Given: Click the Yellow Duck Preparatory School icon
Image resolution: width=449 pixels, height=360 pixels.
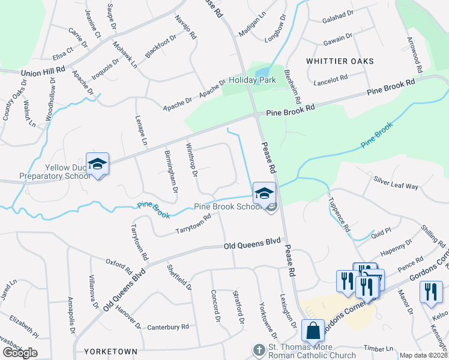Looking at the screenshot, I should (x=97, y=164).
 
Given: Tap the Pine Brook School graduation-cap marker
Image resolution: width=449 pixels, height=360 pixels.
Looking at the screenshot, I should (x=264, y=193).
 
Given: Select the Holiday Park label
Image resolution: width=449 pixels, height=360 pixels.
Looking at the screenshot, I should (x=252, y=80).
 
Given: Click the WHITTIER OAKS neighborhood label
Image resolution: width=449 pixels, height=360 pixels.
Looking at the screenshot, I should (x=340, y=61).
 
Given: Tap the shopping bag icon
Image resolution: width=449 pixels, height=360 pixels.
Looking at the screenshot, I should (x=313, y=331).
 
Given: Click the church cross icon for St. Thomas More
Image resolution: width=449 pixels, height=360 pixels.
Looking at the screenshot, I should (x=259, y=349).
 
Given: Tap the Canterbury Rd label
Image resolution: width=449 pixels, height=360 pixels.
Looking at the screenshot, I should (x=168, y=327).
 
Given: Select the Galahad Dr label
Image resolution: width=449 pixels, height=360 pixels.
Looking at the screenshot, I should (x=337, y=12).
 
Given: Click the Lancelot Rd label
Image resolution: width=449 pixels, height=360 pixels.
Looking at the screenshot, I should (x=331, y=79).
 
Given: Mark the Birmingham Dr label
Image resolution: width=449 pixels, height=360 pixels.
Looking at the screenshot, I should (x=170, y=171).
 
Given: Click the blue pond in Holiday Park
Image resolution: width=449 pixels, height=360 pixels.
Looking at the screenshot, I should (x=262, y=73).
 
